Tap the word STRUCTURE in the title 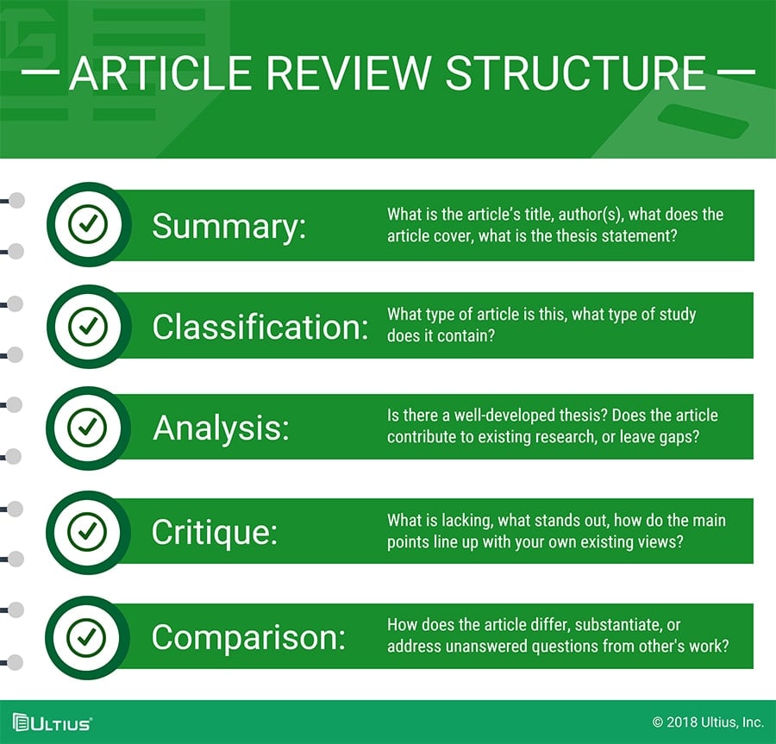click(576, 73)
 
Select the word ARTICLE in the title click(161, 73)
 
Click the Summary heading click(229, 227)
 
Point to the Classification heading click(260, 327)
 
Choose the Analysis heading click(221, 428)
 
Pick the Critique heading click(215, 532)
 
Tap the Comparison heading click(248, 637)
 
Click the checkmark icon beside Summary click(88, 224)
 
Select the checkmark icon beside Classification click(88, 327)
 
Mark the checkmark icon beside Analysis click(87, 428)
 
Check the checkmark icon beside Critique click(87, 532)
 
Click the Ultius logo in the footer click(53, 722)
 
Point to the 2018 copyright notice click(708, 722)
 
